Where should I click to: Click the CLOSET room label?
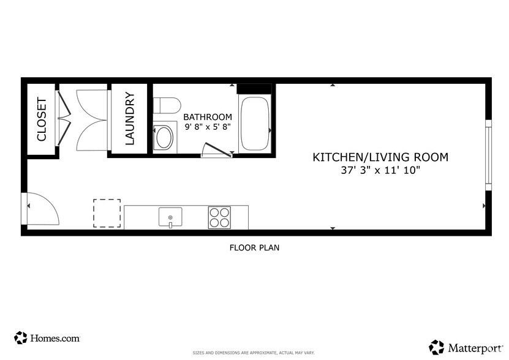[x=42, y=119]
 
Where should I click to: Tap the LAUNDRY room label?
[x=129, y=119]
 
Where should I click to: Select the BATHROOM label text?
[x=208, y=117]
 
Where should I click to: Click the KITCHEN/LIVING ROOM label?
[x=380, y=157]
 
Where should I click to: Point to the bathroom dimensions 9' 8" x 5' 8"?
[x=208, y=127]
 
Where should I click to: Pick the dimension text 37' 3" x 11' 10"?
[x=380, y=171]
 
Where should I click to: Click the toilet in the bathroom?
[x=165, y=105]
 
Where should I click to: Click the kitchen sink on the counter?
[x=170, y=216]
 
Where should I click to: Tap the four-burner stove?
[x=219, y=217]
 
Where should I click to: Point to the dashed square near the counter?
[x=107, y=213]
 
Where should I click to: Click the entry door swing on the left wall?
[x=42, y=210]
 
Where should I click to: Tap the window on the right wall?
[x=488, y=153]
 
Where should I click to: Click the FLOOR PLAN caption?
[x=254, y=248]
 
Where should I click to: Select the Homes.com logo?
[x=47, y=337]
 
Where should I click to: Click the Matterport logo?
[x=465, y=347]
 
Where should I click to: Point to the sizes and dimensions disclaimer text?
[x=254, y=353]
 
